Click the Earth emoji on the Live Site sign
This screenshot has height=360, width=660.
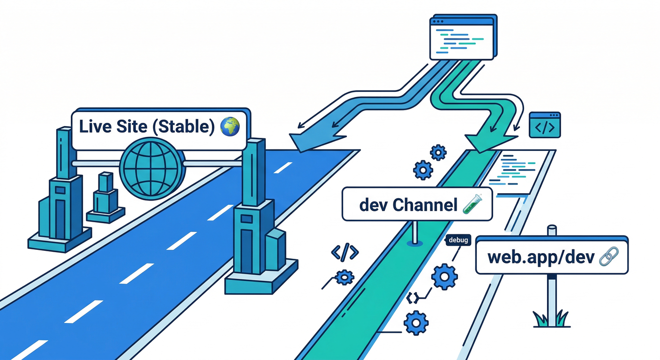(230, 127)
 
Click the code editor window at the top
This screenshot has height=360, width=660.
(462, 37)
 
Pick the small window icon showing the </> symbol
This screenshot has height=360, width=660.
(545, 125)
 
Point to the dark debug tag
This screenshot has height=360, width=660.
(458, 240)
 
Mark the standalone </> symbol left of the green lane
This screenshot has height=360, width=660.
(345, 253)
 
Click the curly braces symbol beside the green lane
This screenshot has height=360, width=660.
(412, 297)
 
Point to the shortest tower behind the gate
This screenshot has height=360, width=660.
(105, 197)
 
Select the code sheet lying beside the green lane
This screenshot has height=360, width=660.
(516, 171)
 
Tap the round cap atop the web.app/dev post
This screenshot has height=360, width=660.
(552, 230)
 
